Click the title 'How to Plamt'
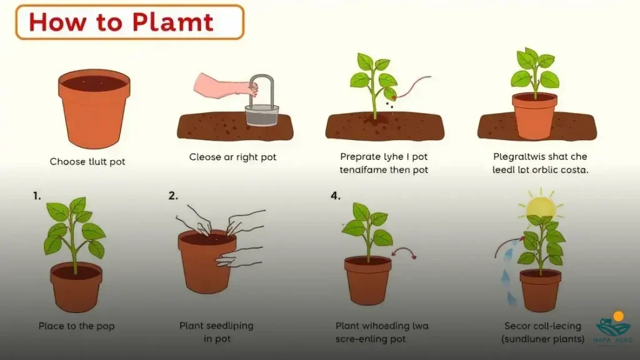coord(121,22)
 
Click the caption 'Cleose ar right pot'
coord(232,157)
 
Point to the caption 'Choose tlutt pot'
coord(87,162)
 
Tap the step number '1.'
coord(37,196)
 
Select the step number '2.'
coord(173,196)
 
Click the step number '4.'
coord(336,196)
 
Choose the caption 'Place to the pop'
coord(76,326)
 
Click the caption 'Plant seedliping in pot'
coord(216,332)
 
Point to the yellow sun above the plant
coord(541,207)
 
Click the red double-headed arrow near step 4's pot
coord(404,252)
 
